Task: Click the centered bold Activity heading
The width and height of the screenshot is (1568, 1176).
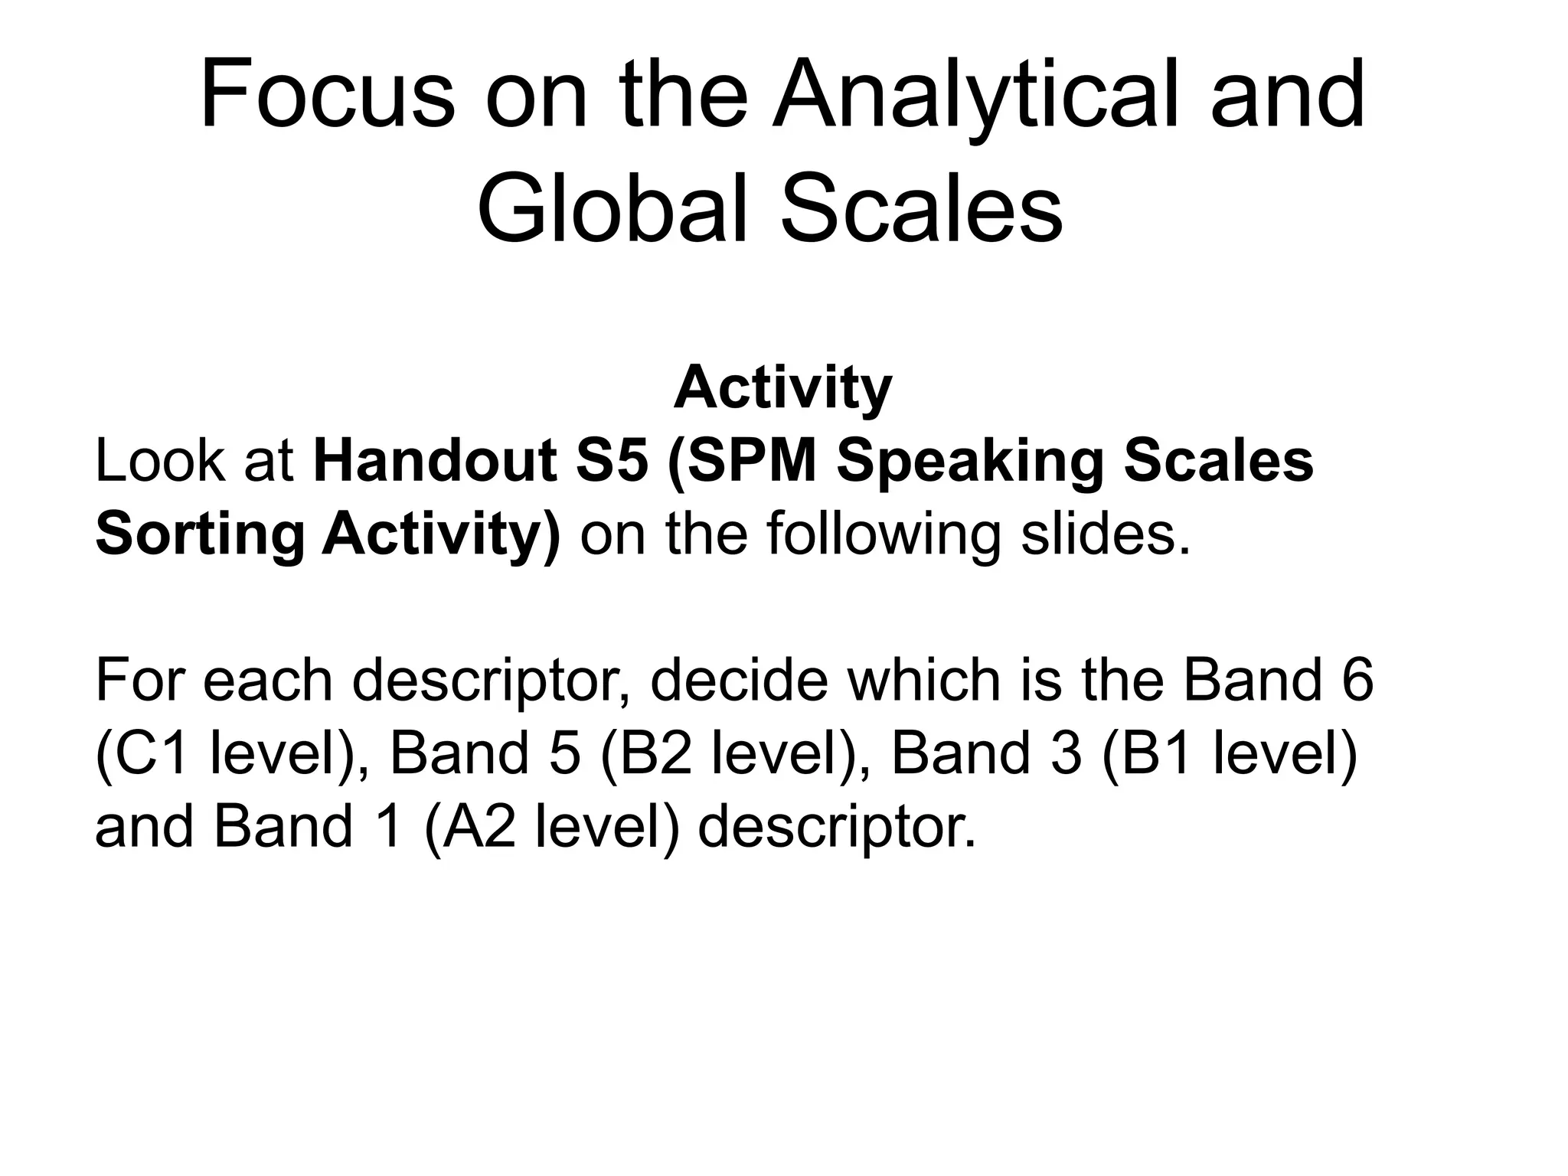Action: (x=782, y=388)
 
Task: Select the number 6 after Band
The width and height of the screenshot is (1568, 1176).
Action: (x=1356, y=680)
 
